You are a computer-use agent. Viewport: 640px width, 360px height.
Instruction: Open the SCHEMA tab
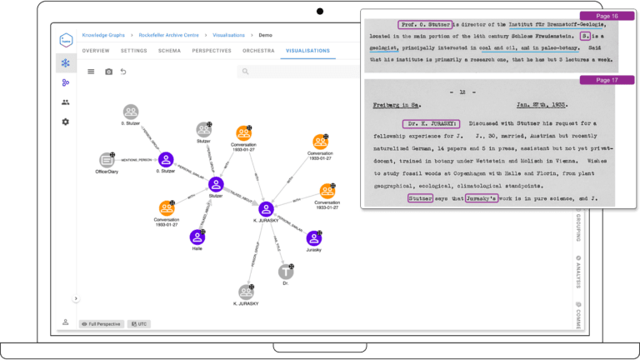click(x=170, y=51)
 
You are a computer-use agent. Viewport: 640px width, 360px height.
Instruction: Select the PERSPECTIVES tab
click(x=212, y=51)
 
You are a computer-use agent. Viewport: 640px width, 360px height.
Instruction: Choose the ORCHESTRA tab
click(x=258, y=51)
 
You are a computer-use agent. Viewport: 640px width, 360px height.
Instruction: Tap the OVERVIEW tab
click(x=96, y=51)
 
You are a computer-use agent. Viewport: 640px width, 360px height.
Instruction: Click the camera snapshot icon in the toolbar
click(x=108, y=72)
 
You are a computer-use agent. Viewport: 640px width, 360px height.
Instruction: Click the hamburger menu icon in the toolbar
click(x=91, y=72)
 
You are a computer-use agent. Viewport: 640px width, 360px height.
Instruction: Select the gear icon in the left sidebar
click(x=66, y=122)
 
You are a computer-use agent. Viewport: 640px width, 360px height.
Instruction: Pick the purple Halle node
click(x=197, y=237)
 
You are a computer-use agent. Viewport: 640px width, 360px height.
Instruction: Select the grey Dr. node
click(x=287, y=272)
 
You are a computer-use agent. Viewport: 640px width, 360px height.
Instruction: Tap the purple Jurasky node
click(x=313, y=237)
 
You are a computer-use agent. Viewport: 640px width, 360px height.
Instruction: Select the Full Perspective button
click(x=101, y=323)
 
